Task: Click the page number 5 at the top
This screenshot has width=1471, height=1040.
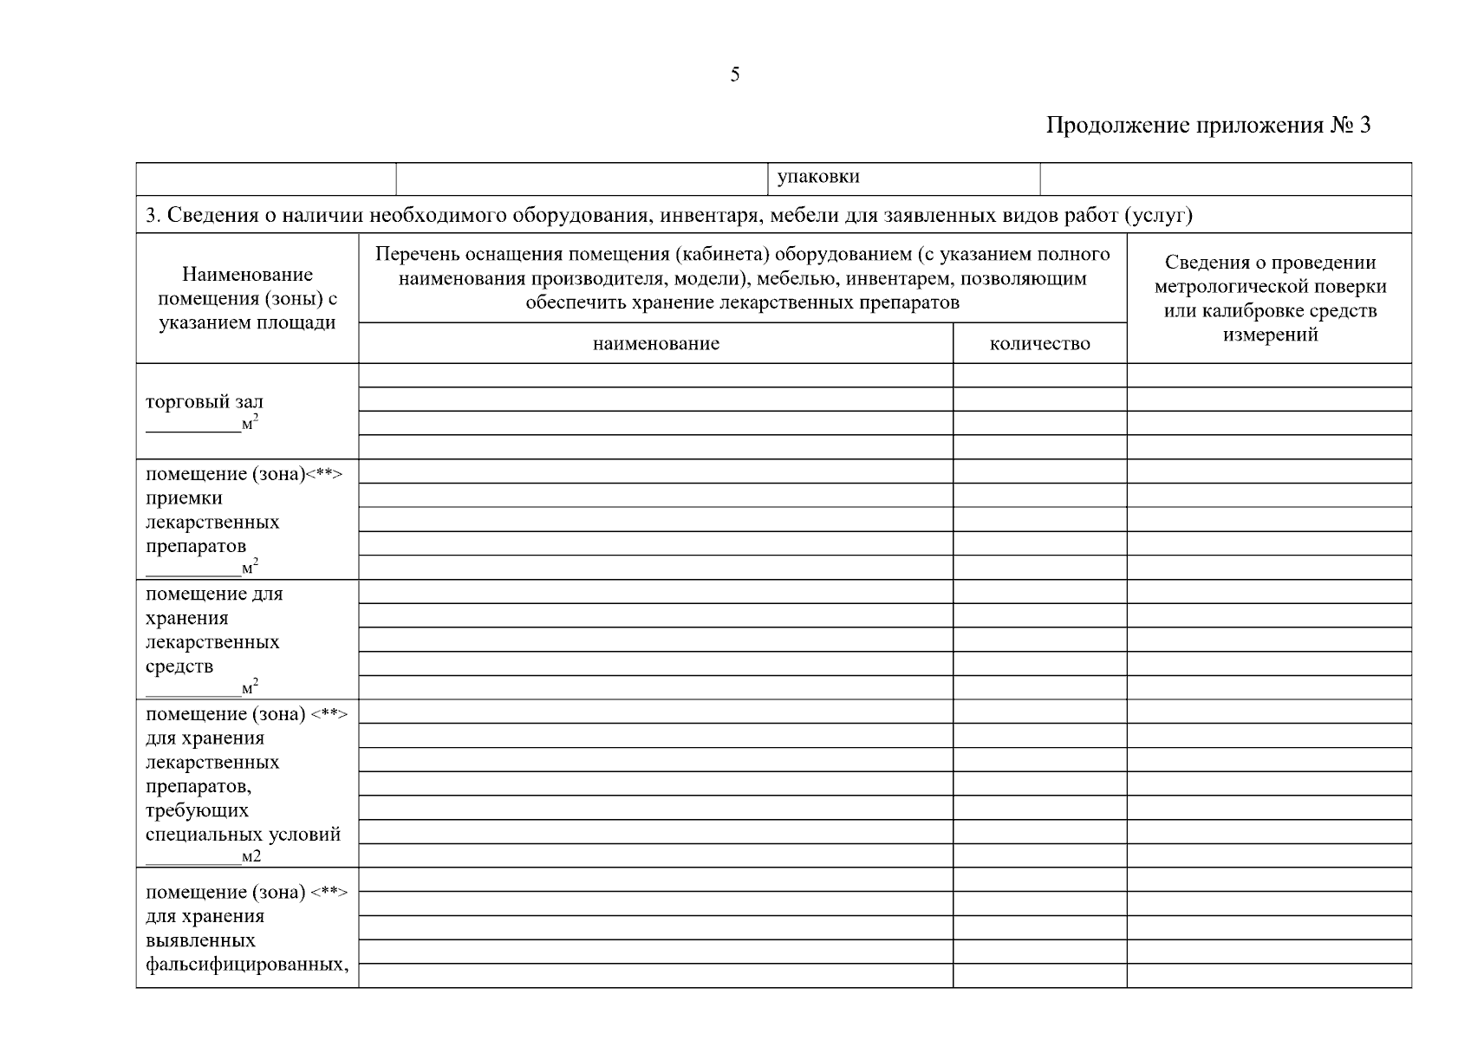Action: [735, 75]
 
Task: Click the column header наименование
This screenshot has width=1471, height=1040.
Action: [655, 344]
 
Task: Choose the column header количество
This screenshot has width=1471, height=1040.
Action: [1039, 344]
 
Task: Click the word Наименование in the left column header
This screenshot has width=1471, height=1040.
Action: [247, 275]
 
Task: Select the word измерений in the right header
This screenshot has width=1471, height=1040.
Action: [1270, 335]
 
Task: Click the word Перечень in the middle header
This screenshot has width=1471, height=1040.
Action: [415, 254]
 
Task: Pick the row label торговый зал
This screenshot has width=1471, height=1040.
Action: [205, 402]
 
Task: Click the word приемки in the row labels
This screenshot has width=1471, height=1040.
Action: [184, 498]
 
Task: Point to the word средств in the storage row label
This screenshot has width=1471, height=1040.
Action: [179, 666]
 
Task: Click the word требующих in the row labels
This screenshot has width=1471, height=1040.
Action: [197, 810]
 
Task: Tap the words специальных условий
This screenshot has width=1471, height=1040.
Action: [243, 835]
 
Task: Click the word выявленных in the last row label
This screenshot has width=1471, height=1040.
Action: [200, 940]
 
